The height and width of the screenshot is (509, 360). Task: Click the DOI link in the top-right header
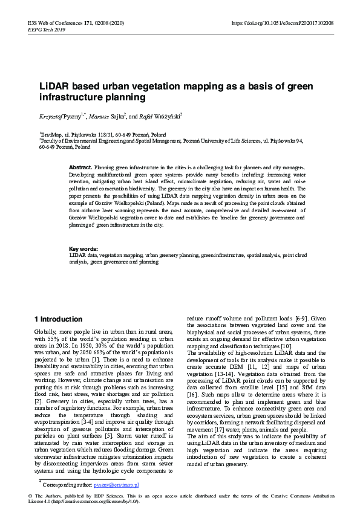(x=283, y=23)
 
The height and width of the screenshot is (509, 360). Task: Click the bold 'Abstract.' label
(x=80, y=167)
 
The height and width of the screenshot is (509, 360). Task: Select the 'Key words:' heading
(x=83, y=248)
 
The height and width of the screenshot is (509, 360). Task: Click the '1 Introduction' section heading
(x=58, y=319)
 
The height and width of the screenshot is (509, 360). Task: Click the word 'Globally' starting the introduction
(x=46, y=333)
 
